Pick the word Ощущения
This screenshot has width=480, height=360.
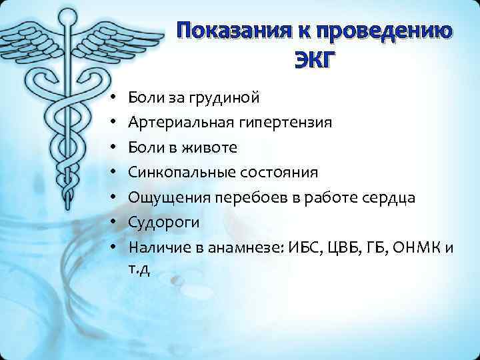tap(160, 197)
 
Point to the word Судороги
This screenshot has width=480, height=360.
tap(158, 222)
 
